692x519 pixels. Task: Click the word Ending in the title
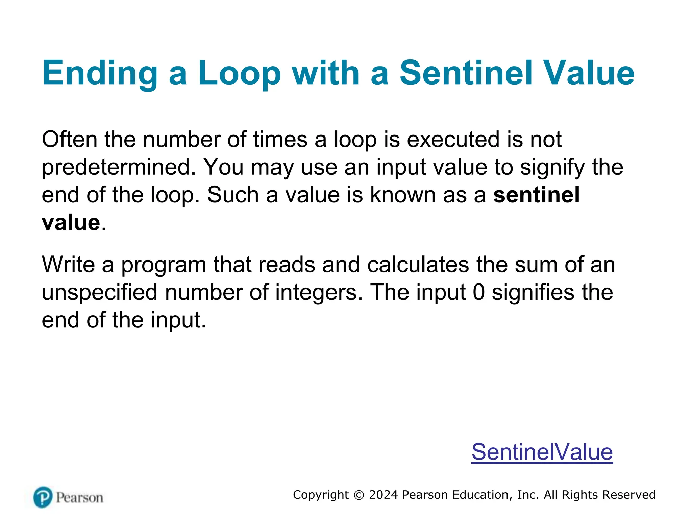click(x=100, y=74)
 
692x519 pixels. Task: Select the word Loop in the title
click(x=239, y=74)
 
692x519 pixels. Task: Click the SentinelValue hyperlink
click(x=542, y=452)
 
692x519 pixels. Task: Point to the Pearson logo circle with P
click(x=43, y=497)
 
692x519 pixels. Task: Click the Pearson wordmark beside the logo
click(x=79, y=498)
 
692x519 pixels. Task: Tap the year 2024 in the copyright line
click(x=383, y=495)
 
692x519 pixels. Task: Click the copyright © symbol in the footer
click(x=359, y=495)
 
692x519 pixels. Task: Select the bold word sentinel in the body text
click(x=537, y=195)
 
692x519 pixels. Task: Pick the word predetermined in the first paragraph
click(x=119, y=167)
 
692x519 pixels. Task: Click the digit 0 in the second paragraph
click(x=479, y=292)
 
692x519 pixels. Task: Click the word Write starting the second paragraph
click(x=68, y=265)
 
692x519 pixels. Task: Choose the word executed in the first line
click(x=453, y=139)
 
